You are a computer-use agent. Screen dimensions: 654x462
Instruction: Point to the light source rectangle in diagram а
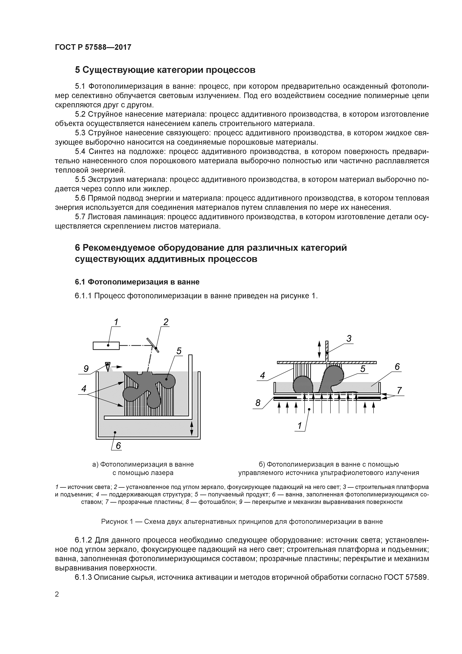(106, 345)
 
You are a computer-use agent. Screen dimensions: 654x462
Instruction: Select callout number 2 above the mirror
(166, 322)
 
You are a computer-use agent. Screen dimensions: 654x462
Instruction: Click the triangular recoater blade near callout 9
(107, 366)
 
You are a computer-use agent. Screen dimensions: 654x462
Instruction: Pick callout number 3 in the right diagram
(349, 339)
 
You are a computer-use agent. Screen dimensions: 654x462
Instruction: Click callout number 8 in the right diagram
(258, 403)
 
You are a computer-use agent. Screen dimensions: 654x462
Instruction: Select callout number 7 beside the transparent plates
(399, 390)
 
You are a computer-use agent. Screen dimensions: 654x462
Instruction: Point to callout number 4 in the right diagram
(262, 375)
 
